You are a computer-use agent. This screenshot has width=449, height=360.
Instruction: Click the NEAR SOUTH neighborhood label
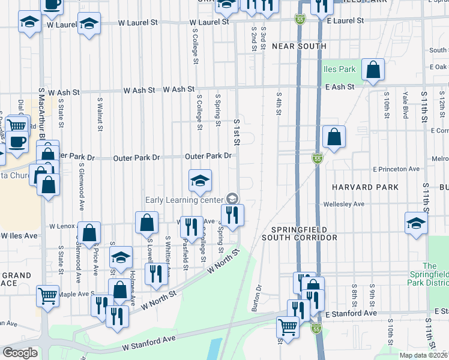(299, 46)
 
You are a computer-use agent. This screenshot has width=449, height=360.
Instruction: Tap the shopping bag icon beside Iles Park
(373, 70)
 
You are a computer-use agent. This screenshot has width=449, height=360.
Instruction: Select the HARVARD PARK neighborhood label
(369, 187)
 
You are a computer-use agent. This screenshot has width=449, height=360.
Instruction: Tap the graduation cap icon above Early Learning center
(200, 180)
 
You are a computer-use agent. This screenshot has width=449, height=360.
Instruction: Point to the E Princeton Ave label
(396, 169)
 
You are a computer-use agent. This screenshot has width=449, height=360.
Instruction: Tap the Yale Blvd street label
(406, 105)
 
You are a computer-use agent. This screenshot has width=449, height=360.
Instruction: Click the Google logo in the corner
(20, 353)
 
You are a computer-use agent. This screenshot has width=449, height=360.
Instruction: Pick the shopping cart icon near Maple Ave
(47, 296)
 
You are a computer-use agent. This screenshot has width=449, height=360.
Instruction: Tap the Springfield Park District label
(429, 275)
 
